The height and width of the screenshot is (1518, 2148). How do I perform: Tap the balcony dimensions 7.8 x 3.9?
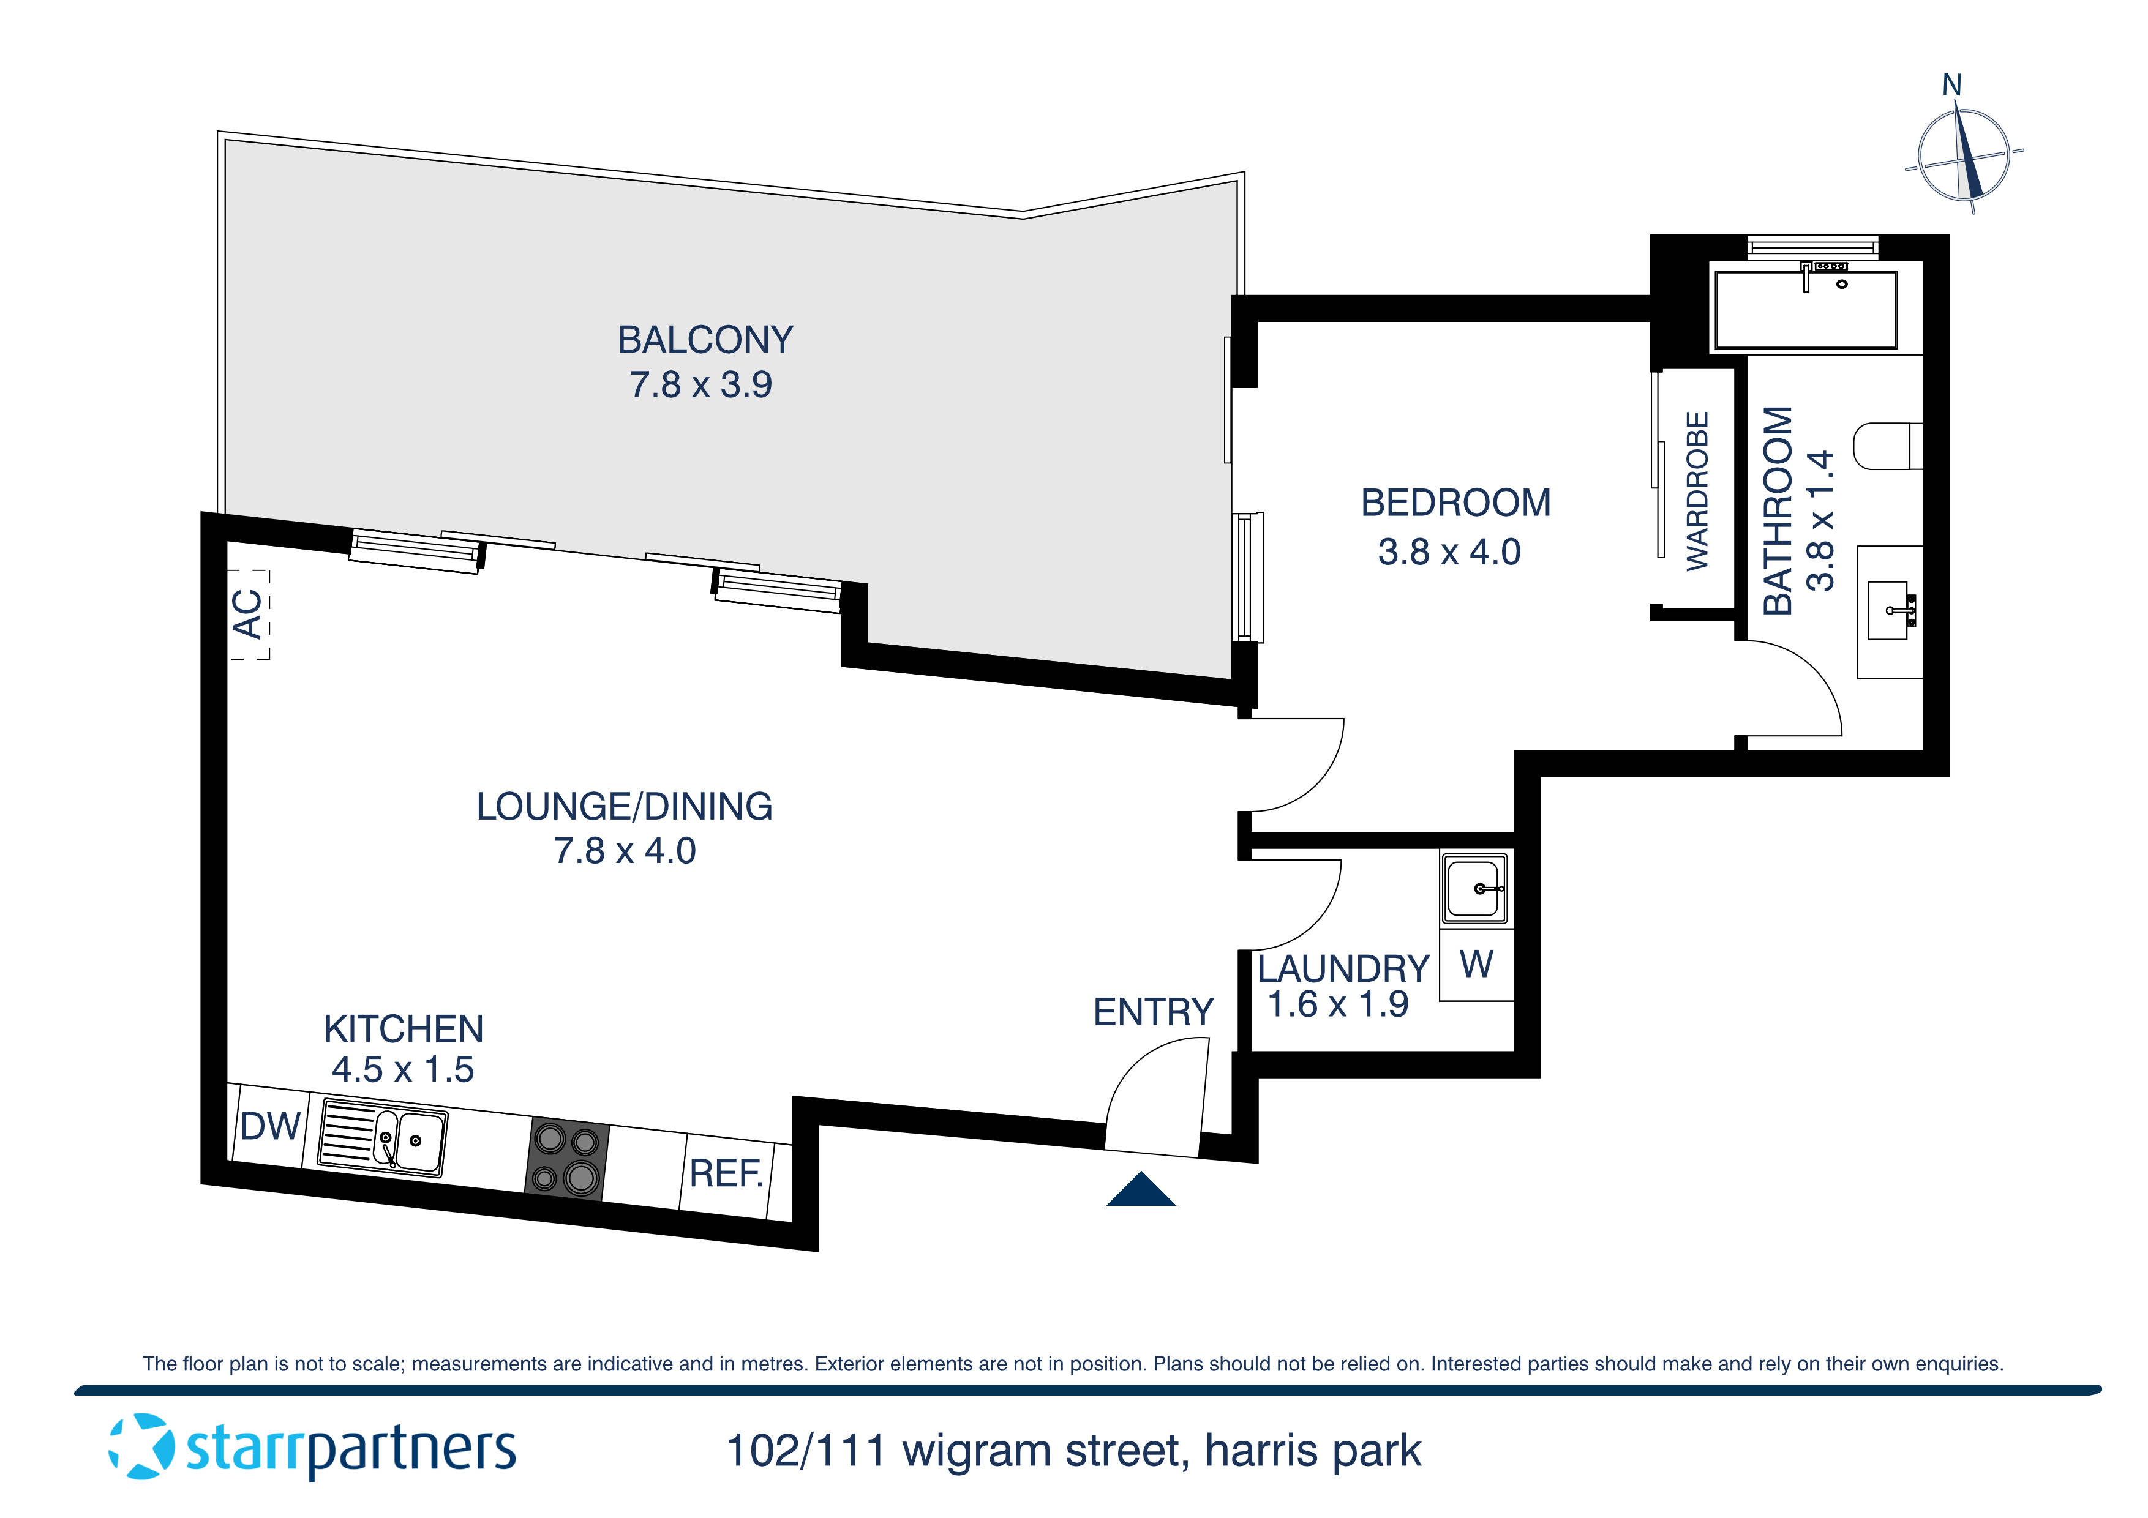click(700, 384)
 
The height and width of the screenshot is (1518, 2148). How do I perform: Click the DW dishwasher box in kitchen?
click(269, 1126)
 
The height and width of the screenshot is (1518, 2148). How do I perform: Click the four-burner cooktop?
click(566, 1159)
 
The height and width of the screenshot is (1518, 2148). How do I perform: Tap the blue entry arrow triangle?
click(1140, 1191)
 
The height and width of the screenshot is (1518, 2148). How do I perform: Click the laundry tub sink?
click(1475, 889)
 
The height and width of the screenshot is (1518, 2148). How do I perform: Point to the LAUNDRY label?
click(1342, 969)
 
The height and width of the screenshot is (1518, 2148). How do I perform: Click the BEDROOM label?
click(1455, 503)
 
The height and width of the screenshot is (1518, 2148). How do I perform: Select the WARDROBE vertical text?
click(1696, 491)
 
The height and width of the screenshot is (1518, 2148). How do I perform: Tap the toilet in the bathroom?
click(1886, 446)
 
